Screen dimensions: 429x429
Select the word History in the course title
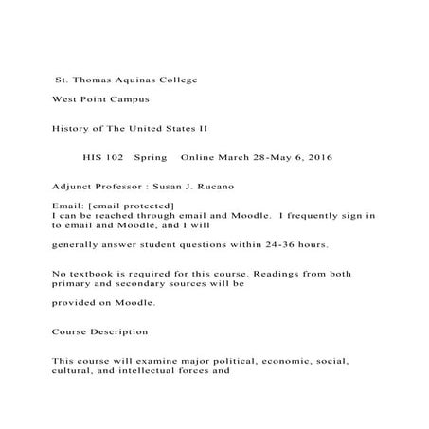pyautogui.click(x=71, y=127)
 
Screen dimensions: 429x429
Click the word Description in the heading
pyautogui.click(x=116, y=332)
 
